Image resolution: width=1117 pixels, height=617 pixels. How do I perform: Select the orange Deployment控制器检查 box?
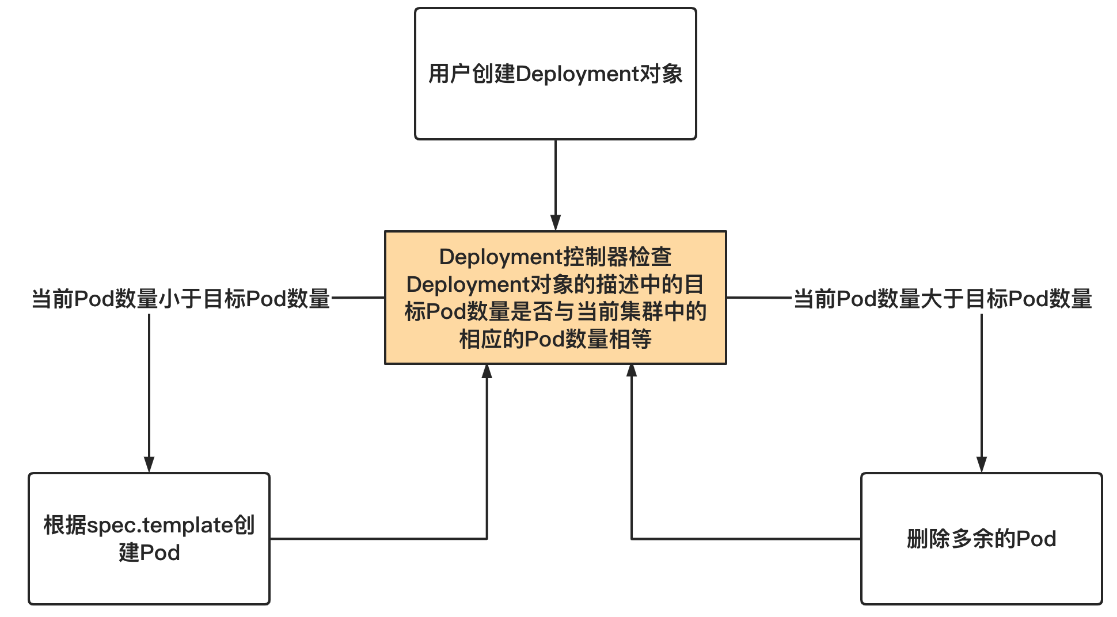pyautogui.click(x=555, y=298)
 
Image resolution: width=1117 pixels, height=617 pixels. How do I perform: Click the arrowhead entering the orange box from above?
pyautogui.click(x=555, y=223)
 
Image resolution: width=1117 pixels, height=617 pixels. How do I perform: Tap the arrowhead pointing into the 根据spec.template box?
pyautogui.click(x=149, y=464)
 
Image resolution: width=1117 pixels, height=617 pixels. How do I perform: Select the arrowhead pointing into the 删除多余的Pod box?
pyautogui.click(x=982, y=464)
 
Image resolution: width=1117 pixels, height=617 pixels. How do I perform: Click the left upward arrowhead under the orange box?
pyautogui.click(x=487, y=372)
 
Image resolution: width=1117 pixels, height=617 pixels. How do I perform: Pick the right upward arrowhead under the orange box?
pyautogui.click(x=632, y=372)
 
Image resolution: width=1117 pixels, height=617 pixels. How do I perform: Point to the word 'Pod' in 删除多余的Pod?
pyautogui.click(x=1036, y=539)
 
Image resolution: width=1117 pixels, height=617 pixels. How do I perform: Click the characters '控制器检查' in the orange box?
pyautogui.click(x=617, y=257)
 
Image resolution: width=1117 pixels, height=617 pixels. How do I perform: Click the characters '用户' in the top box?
pyautogui.click(x=449, y=74)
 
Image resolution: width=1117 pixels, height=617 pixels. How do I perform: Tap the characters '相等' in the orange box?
pyautogui.click(x=630, y=340)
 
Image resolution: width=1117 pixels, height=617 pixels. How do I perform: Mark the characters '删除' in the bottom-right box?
pyautogui.click(x=928, y=539)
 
